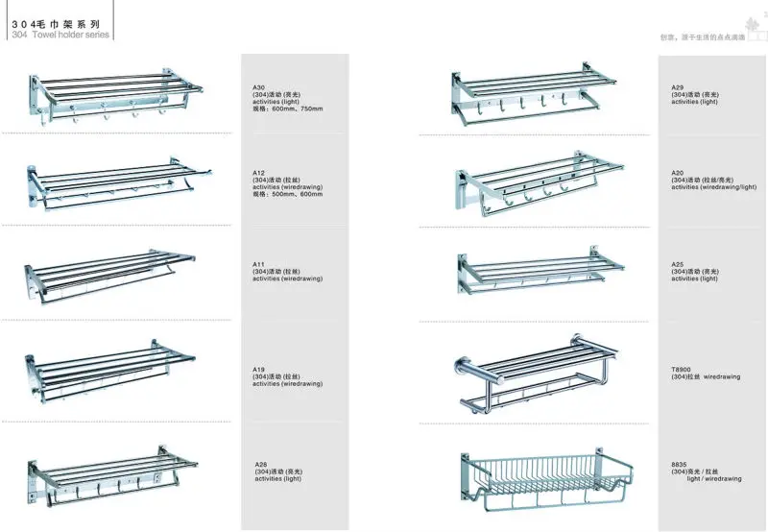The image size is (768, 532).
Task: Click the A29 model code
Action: pyautogui.click(x=678, y=87)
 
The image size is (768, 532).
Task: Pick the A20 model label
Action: pyautogui.click(x=678, y=173)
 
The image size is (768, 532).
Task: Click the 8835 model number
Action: pyautogui.click(x=680, y=464)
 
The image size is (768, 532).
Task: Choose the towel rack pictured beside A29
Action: pyautogui.click(x=524, y=91)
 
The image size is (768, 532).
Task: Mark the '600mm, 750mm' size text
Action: pyautogui.click(x=298, y=109)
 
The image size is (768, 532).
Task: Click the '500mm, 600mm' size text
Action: pyautogui.click(x=298, y=194)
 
